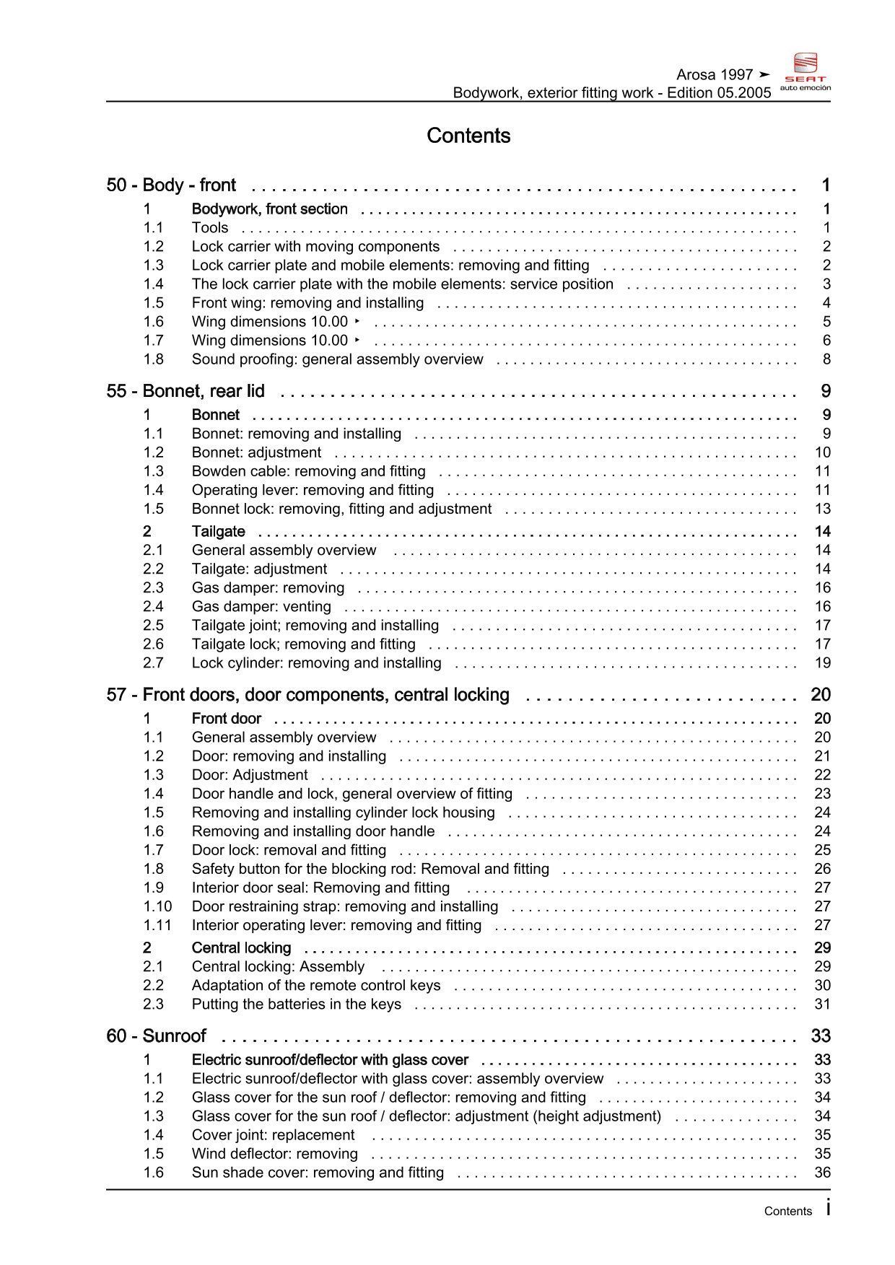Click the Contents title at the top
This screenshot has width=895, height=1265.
pos(468,136)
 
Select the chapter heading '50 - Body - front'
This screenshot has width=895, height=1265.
pos(171,185)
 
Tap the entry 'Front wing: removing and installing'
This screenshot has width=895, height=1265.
pos(307,303)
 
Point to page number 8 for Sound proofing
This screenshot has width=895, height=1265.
pos(826,359)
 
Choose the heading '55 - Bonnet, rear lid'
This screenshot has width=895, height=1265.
pos(185,391)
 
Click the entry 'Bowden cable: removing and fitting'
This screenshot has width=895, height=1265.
pos(308,471)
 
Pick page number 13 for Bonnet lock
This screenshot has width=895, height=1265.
pos(823,509)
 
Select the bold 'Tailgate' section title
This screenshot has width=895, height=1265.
pos(218,532)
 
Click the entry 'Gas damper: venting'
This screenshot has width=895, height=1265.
pos(261,607)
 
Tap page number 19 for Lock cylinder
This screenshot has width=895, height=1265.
pos(823,663)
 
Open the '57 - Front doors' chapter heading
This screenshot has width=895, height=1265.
pos(307,695)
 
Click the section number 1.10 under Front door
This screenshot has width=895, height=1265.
pos(157,906)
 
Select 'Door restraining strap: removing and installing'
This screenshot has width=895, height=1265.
pos(344,906)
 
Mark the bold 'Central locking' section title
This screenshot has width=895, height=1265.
pos(241,948)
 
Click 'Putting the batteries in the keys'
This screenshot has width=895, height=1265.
pos(296,1004)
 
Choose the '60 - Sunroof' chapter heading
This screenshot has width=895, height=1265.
pos(156,1036)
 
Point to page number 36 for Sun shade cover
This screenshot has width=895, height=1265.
pos(823,1173)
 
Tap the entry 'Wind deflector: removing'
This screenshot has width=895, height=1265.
pos(274,1154)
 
